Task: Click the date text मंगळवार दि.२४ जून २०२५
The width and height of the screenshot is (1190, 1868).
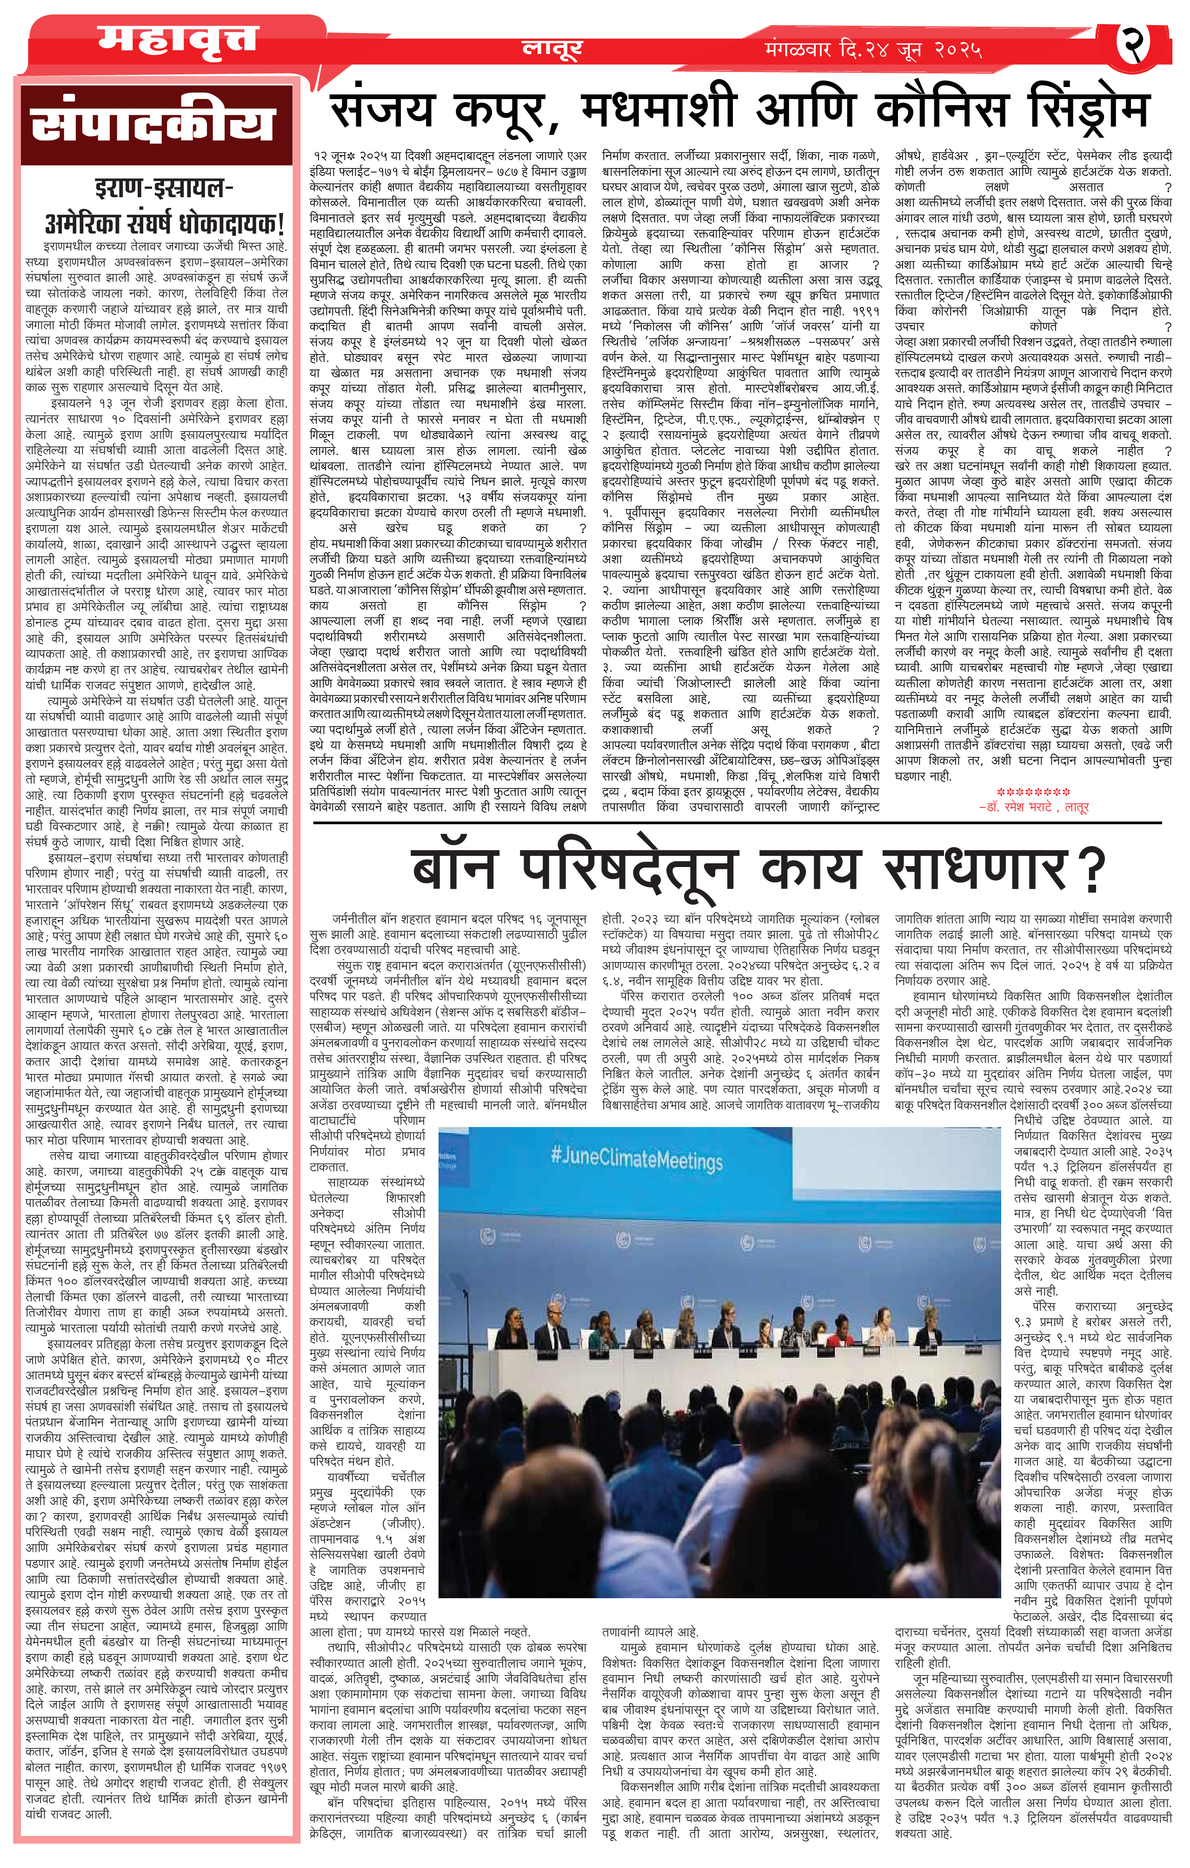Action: (x=873, y=50)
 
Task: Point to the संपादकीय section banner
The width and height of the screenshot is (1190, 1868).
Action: (x=154, y=124)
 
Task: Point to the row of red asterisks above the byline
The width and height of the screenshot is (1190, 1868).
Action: (x=1033, y=792)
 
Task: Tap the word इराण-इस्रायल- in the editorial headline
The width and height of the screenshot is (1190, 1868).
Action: (x=164, y=188)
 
